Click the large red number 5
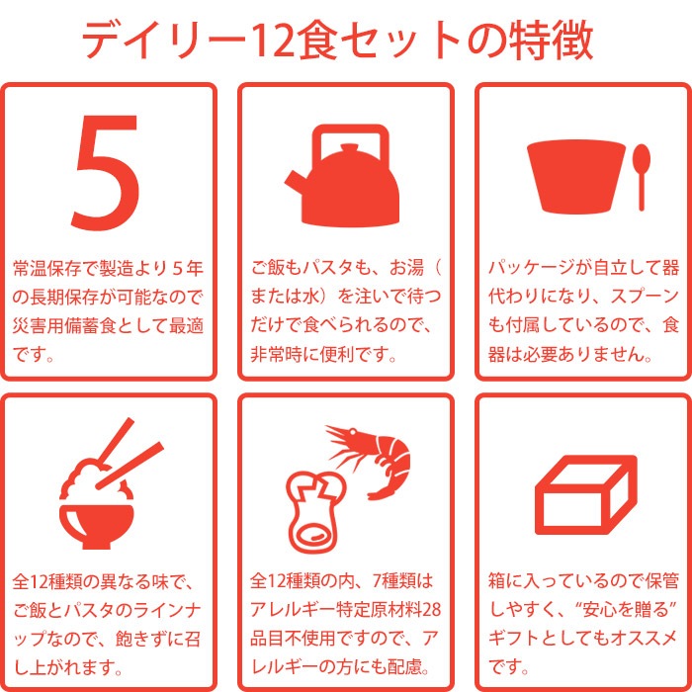(106, 172)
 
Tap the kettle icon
(343, 177)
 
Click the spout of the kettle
(295, 182)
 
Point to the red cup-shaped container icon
(576, 177)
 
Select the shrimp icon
(370, 462)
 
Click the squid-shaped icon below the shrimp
(314, 512)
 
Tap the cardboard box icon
(586, 495)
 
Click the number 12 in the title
(272, 41)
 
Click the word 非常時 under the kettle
(277, 354)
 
